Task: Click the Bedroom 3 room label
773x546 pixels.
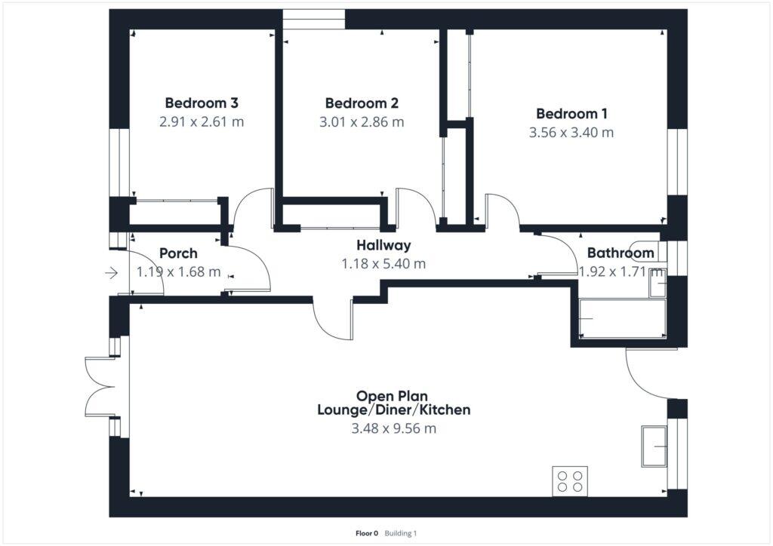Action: pyautogui.click(x=202, y=103)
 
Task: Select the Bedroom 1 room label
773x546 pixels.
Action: pyautogui.click(x=571, y=114)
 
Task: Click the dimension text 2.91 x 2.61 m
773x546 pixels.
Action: pyautogui.click(x=202, y=121)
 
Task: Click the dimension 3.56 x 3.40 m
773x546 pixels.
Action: pyautogui.click(x=571, y=133)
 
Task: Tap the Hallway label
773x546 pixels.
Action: pyautogui.click(x=383, y=245)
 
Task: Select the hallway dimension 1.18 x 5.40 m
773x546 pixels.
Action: pyautogui.click(x=383, y=264)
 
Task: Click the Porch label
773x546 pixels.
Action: pyautogui.click(x=178, y=253)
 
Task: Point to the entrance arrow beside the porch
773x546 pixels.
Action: pyautogui.click(x=112, y=273)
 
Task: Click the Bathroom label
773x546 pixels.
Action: pyautogui.click(x=621, y=253)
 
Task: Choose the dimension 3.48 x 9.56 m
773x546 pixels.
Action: pyautogui.click(x=393, y=429)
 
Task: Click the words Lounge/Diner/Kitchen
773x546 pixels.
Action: pyautogui.click(x=393, y=410)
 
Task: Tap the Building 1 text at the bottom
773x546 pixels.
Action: pyautogui.click(x=401, y=533)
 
